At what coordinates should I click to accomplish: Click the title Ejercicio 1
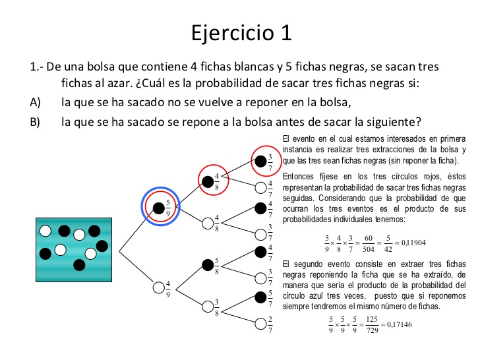(241, 32)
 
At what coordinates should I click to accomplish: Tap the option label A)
(35, 102)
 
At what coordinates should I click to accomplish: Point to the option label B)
(35, 122)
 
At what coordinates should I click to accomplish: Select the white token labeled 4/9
(158, 287)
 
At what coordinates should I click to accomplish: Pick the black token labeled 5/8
(208, 265)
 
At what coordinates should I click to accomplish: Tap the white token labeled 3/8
(208, 307)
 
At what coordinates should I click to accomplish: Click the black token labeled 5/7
(260, 297)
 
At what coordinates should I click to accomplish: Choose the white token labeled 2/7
(260, 324)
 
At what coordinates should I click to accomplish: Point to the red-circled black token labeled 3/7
(260, 162)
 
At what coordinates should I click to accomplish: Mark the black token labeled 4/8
(208, 182)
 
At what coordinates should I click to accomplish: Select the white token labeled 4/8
(208, 224)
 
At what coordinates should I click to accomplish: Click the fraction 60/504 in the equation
(369, 244)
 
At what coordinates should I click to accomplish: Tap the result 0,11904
(413, 243)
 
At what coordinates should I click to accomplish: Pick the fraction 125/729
(373, 325)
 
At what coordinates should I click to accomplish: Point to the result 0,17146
(400, 324)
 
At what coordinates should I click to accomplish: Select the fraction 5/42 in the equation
(388, 244)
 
